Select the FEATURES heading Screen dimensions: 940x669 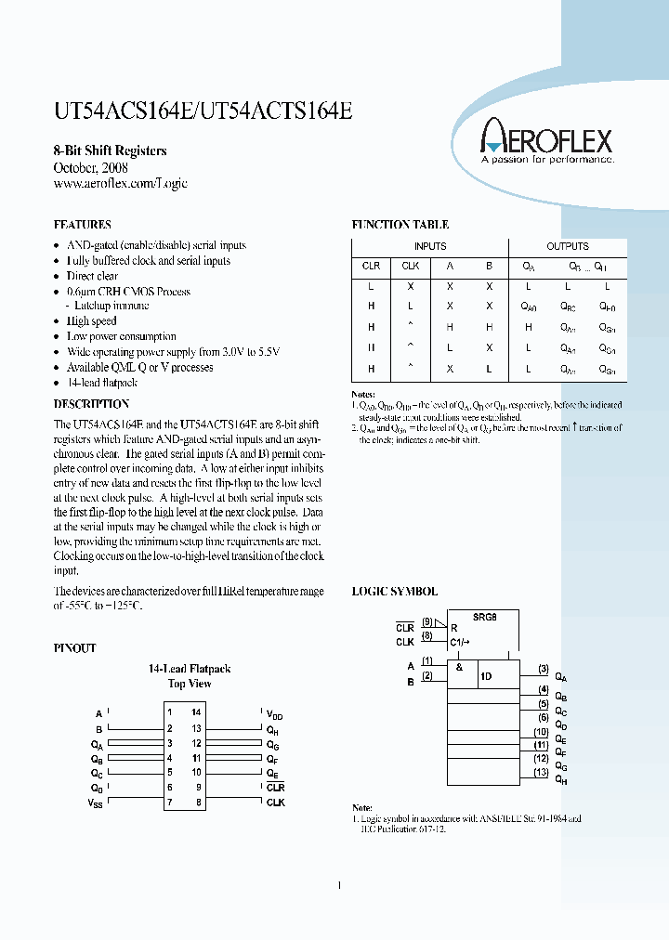pyautogui.click(x=83, y=225)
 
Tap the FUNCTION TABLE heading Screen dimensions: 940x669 pyautogui.click(x=400, y=225)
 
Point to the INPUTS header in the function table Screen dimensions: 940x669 pyautogui.click(x=429, y=246)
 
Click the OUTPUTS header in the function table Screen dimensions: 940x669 pyautogui.click(x=567, y=246)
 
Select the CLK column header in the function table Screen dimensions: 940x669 pyautogui.click(x=410, y=266)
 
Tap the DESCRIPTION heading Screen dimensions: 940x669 pyautogui.click(x=91, y=404)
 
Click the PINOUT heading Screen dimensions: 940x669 pyautogui.click(x=74, y=648)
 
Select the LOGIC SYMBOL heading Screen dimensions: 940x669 pyautogui.click(x=394, y=591)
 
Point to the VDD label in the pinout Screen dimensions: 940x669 pyautogui.click(x=274, y=714)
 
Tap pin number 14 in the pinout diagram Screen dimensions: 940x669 pyautogui.click(x=196, y=712)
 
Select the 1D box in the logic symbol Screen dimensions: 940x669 pyautogui.click(x=486, y=676)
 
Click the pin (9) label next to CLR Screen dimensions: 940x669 pyautogui.click(x=426, y=622)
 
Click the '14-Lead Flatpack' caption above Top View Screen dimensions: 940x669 pyautogui.click(x=190, y=668)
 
